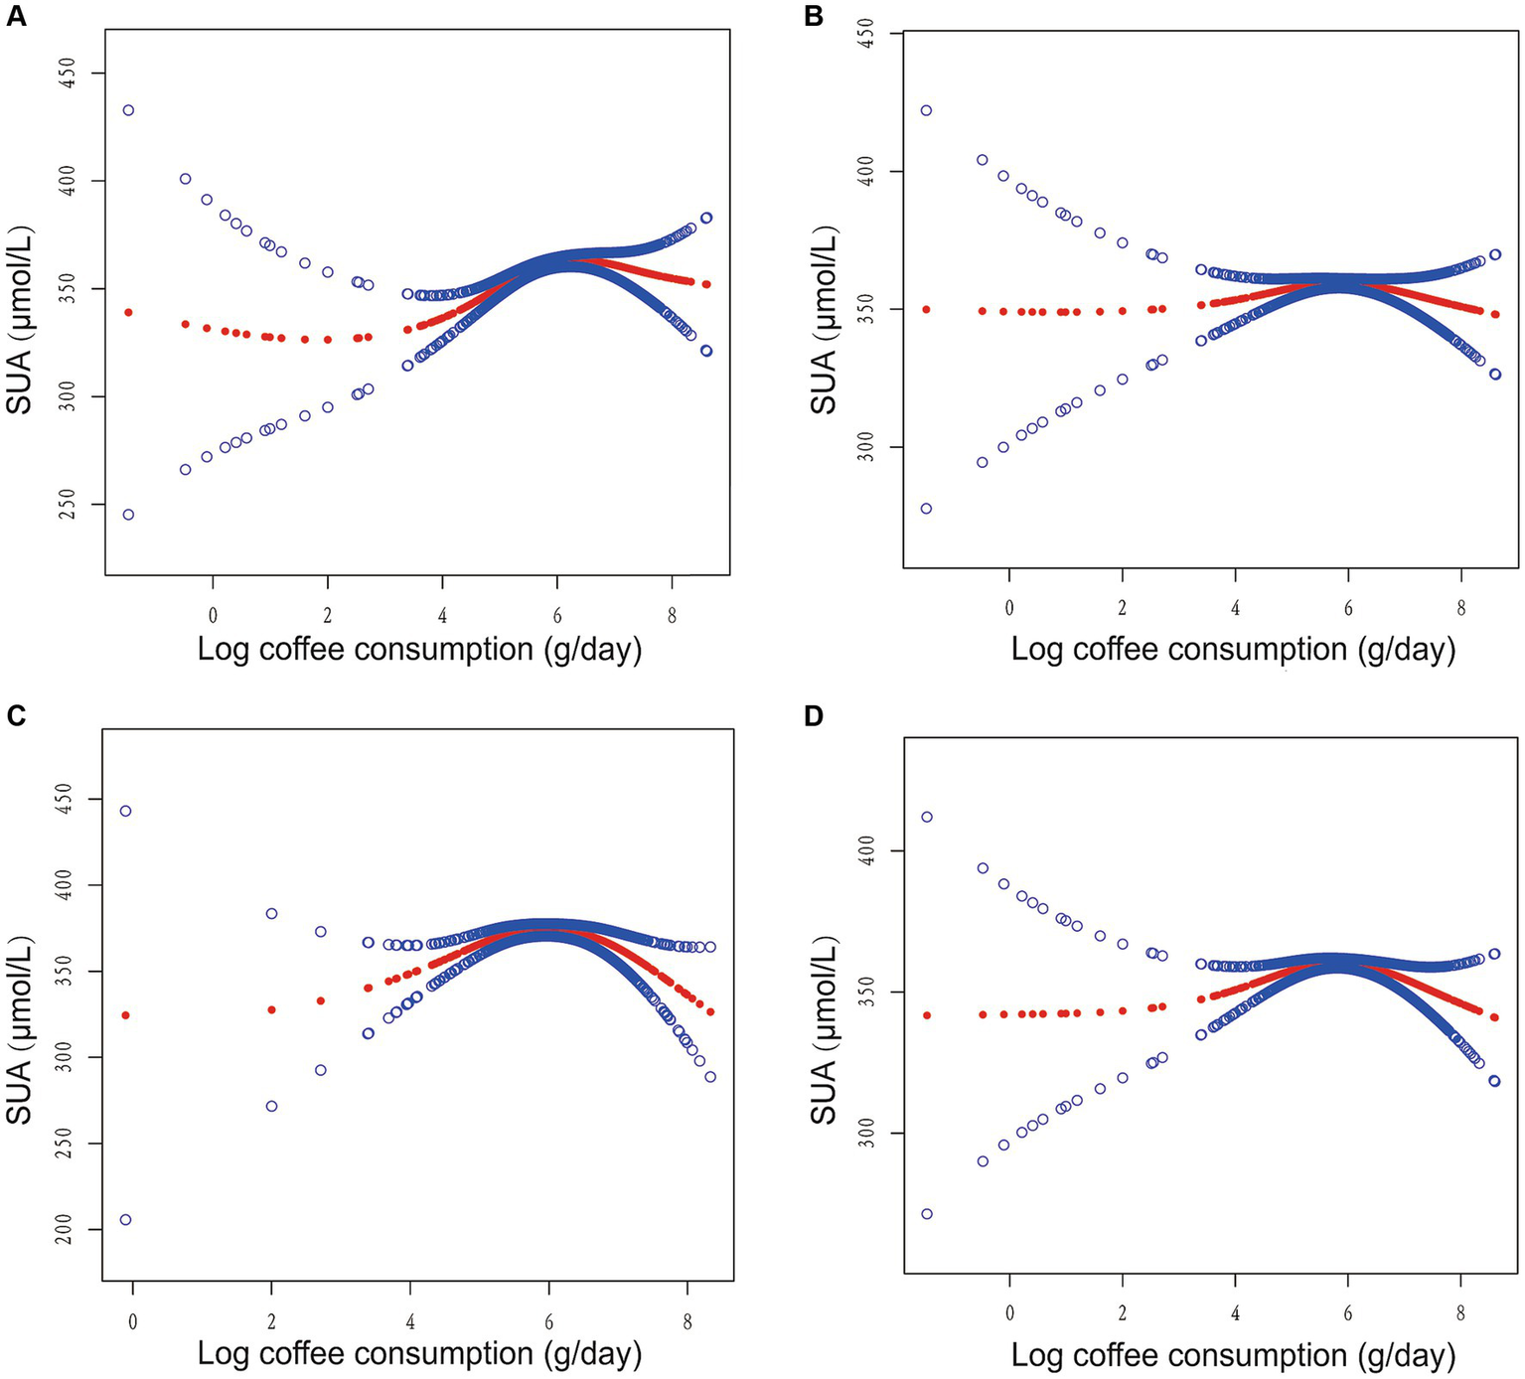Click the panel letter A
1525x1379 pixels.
(x=16, y=16)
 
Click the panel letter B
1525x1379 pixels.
(x=814, y=16)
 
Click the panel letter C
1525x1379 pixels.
(x=16, y=716)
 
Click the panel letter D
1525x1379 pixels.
(x=814, y=716)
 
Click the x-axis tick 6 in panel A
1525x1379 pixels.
(x=557, y=616)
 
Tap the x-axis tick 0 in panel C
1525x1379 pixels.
(x=132, y=1320)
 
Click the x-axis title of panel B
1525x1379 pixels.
(x=1233, y=650)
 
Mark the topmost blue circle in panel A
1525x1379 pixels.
(x=128, y=110)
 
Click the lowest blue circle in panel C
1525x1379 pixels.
(x=126, y=1220)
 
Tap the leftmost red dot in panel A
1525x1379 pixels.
(x=128, y=313)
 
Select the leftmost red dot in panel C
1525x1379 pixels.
(x=126, y=1015)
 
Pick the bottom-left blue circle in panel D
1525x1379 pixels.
(x=927, y=1214)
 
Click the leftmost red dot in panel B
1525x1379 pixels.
(x=927, y=309)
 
